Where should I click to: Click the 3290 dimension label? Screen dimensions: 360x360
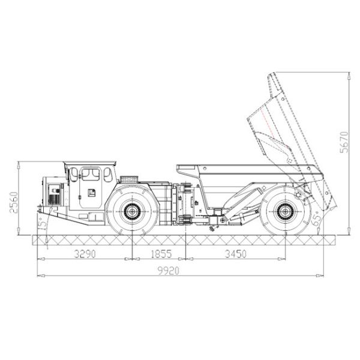(85, 254)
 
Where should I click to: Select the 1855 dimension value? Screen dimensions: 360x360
(161, 254)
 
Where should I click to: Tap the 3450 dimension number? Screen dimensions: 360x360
(236, 254)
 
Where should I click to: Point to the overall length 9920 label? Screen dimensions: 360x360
(168, 271)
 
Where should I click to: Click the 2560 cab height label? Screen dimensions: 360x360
(14, 203)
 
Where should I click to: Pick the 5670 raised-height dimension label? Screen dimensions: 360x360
(344, 142)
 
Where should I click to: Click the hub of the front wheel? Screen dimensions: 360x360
(132, 211)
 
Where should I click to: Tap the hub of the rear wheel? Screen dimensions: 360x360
(286, 211)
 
